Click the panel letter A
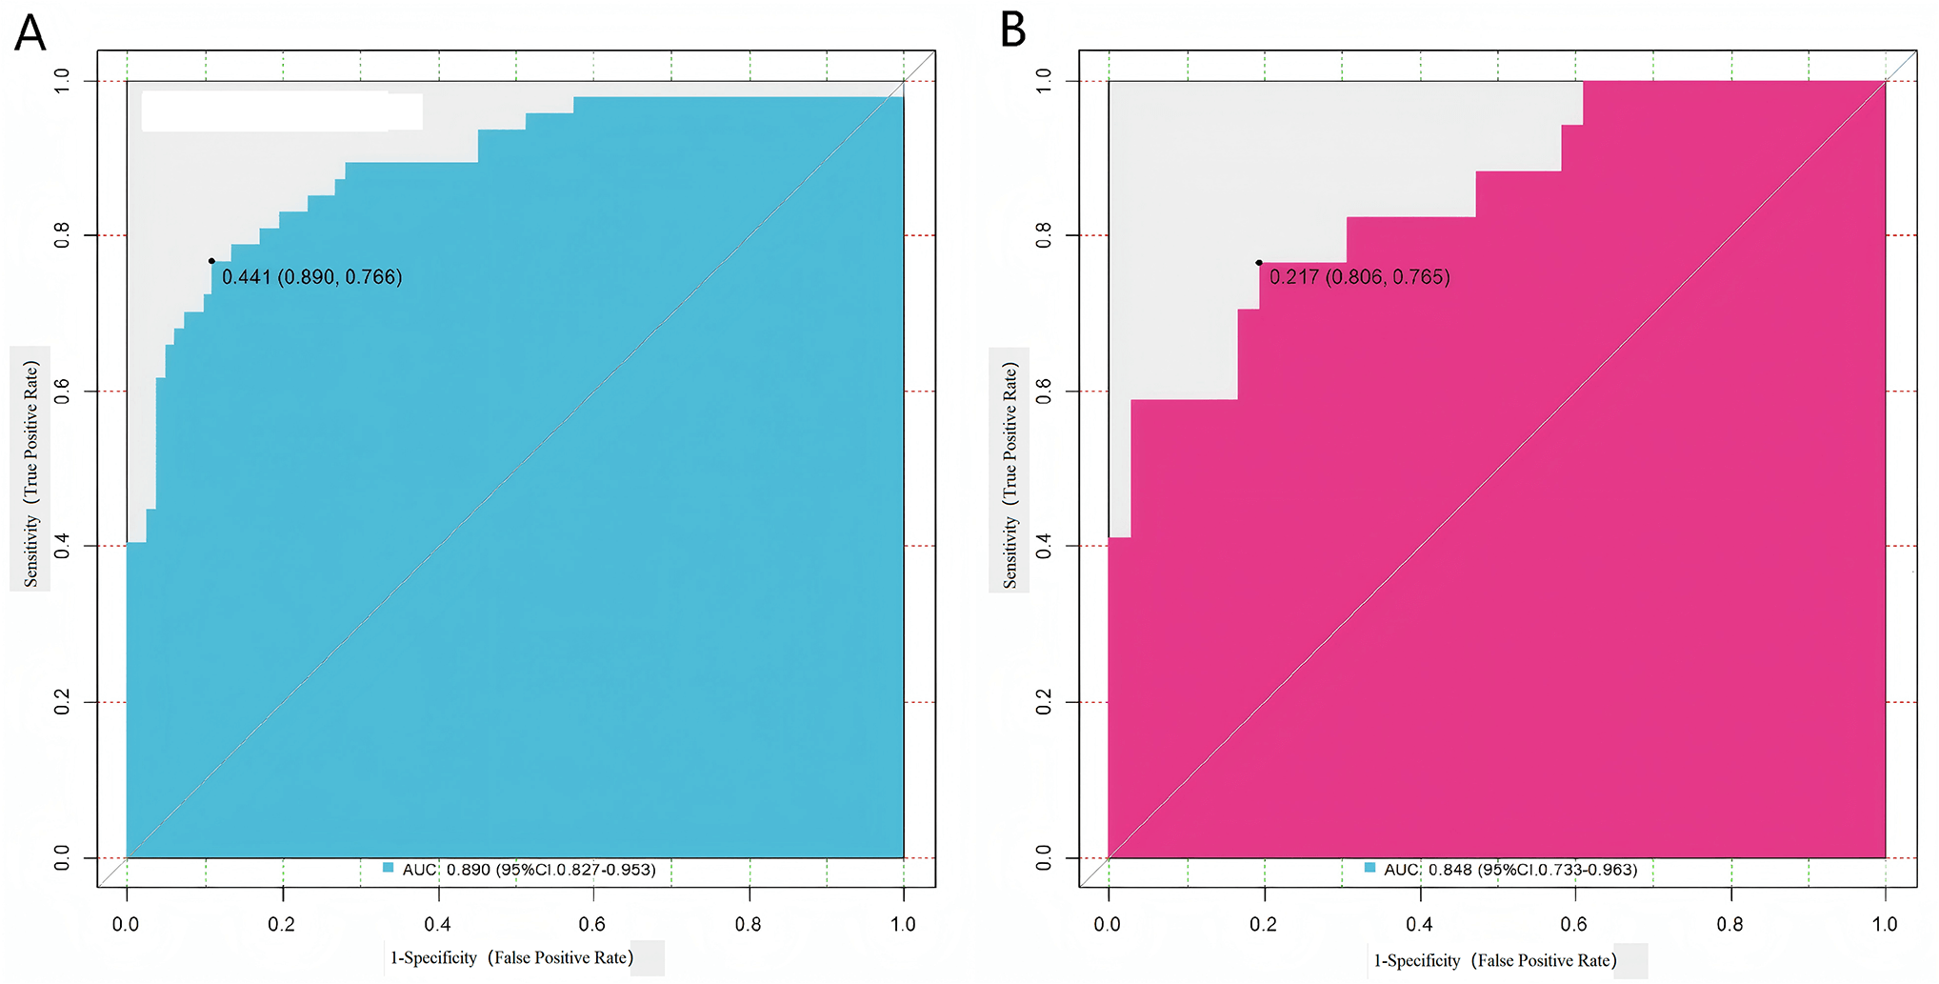pyautogui.click(x=30, y=32)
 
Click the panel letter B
pyautogui.click(x=1012, y=30)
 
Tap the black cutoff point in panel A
pyautogui.click(x=211, y=261)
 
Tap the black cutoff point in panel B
pyautogui.click(x=1259, y=263)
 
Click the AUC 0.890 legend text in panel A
pyautogui.click(x=529, y=870)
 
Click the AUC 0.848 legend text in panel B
pyautogui.click(x=1510, y=870)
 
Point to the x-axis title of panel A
pyautogui.click(x=511, y=957)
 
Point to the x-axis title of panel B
pyautogui.click(x=1494, y=960)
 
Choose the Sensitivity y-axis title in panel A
pyautogui.click(x=31, y=473)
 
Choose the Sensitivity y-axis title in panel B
pyautogui.click(x=1010, y=475)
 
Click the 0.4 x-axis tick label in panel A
pyautogui.click(x=437, y=924)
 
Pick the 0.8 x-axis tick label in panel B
pyautogui.click(x=1729, y=924)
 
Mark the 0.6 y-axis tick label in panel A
pyautogui.click(x=62, y=391)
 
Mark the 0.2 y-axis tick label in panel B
pyautogui.click(x=1044, y=702)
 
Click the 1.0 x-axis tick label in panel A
pyautogui.click(x=902, y=924)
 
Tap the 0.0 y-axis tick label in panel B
pyautogui.click(x=1044, y=858)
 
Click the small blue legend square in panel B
pyautogui.click(x=1369, y=868)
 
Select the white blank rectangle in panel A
pyautogui.click(x=281, y=111)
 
